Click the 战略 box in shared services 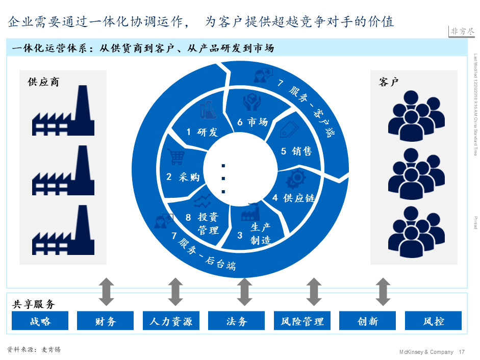[40, 321]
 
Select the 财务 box [106, 321]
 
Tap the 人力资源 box [171, 321]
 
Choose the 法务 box [236, 321]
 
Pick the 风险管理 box [302, 321]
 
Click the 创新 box [367, 321]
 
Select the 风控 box [433, 321]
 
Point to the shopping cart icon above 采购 [176, 157]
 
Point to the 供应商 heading [43, 82]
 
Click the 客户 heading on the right [389, 82]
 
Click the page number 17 [462, 352]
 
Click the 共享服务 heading [33, 304]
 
